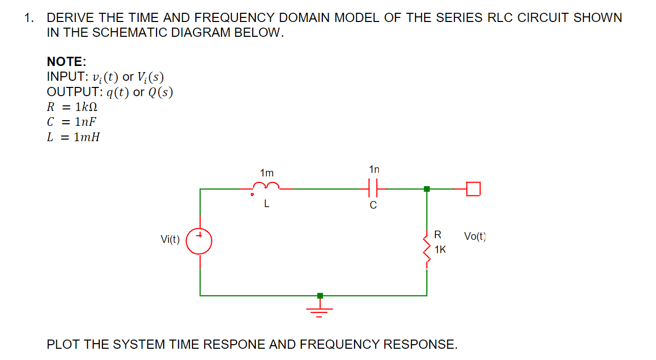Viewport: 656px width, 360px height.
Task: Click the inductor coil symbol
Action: pyautogui.click(x=267, y=187)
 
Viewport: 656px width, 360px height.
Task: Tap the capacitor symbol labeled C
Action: pyautogui.click(x=373, y=189)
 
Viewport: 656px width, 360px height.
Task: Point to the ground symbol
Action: pyautogui.click(x=320, y=310)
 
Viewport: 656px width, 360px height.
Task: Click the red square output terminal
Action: pyautogui.click(x=474, y=189)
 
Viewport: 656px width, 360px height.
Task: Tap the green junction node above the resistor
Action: pyautogui.click(x=427, y=189)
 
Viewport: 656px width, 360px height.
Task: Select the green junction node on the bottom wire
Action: pyautogui.click(x=320, y=296)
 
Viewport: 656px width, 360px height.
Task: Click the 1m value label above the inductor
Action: pyautogui.click(x=267, y=173)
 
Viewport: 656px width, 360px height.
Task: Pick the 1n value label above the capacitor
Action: pyautogui.click(x=374, y=169)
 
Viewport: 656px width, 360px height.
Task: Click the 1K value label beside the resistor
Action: pyautogui.click(x=440, y=250)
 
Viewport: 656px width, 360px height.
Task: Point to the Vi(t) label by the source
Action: pyautogui.click(x=170, y=239)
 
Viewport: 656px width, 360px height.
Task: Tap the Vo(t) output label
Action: pyautogui.click(x=475, y=236)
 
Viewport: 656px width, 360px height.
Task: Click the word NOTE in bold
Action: pyautogui.click(x=66, y=62)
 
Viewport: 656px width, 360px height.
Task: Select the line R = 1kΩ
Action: pyautogui.click(x=72, y=107)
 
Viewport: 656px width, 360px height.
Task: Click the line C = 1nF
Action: pyautogui.click(x=72, y=122)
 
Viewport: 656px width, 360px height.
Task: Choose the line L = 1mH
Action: pyautogui.click(x=73, y=137)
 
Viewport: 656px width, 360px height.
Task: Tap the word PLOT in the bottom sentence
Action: pyautogui.click(x=63, y=344)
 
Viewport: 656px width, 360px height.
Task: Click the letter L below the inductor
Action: pyautogui.click(x=267, y=204)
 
